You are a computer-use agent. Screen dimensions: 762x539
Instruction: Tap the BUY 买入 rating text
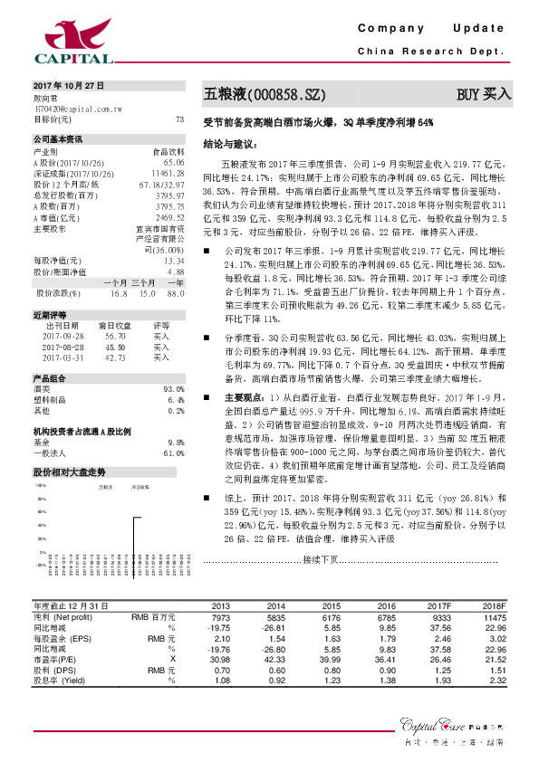pos(486,93)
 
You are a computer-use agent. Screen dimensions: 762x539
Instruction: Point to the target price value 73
pos(179,119)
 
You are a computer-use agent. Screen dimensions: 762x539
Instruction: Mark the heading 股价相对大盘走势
pos(70,472)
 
